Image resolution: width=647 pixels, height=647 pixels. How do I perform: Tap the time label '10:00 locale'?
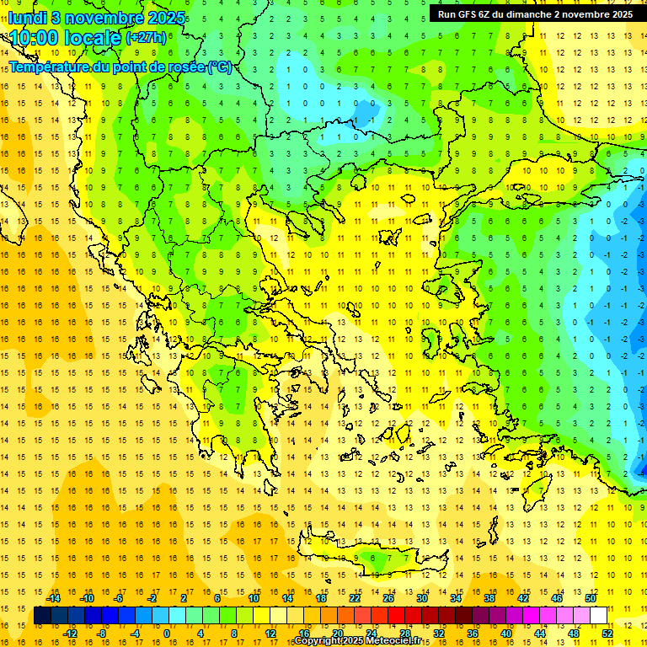pos(65,38)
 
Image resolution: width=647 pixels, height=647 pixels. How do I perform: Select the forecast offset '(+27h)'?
pos(145,38)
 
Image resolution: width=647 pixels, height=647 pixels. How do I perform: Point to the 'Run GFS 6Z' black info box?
pos(535,14)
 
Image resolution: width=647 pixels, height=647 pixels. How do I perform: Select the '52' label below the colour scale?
pos(607,633)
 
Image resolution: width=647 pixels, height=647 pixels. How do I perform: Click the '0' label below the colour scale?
pos(166,633)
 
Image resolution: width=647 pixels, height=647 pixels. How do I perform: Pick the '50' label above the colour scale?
pos(591,598)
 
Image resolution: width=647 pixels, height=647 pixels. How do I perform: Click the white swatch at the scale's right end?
pos(599,616)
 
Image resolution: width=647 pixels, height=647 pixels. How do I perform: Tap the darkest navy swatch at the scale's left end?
pos(42,616)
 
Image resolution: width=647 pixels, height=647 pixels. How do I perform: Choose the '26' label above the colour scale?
pos(388,598)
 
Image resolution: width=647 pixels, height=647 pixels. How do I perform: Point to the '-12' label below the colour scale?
pos(70,633)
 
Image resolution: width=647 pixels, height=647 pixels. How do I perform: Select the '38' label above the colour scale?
pos(489,598)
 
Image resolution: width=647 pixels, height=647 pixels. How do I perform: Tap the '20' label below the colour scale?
pos(338,633)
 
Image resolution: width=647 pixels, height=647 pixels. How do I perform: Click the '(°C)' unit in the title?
pos(220,67)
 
